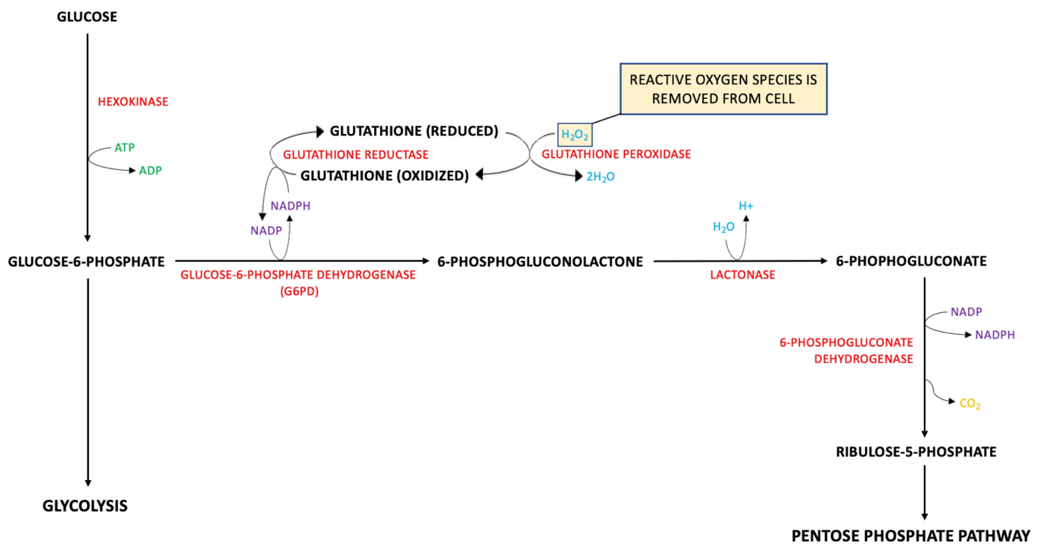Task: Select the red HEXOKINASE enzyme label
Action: (133, 101)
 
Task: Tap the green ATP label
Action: (124, 148)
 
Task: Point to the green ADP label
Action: (150, 171)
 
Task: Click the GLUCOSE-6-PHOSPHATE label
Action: (86, 262)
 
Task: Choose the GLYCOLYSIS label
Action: (85, 506)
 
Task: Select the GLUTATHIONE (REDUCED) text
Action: (414, 131)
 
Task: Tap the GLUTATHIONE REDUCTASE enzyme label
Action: (355, 155)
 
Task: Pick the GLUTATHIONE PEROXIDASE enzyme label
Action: (616, 154)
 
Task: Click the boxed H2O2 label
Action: (575, 135)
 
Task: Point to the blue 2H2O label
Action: (601, 176)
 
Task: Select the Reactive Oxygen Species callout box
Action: (723, 89)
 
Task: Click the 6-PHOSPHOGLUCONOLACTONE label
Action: (540, 262)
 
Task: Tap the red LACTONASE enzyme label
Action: (742, 275)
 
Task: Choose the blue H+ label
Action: (746, 206)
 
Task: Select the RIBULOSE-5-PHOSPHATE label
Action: (916, 452)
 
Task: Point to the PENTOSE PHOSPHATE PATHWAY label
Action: (911, 536)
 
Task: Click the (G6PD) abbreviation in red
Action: (299, 291)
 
